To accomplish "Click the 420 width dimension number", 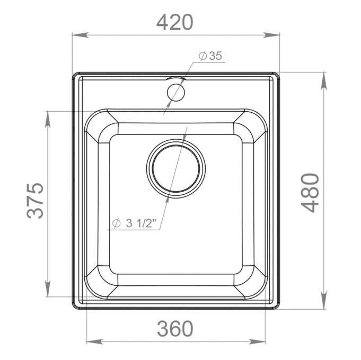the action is pyautogui.click(x=175, y=22).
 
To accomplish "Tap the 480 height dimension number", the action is pyautogui.click(x=310, y=193).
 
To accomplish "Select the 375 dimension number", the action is pyautogui.click(x=35, y=201).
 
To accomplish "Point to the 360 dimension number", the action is pyautogui.click(x=175, y=329).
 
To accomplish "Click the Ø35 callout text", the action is pyautogui.click(x=210, y=56).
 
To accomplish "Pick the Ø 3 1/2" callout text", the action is pyautogui.click(x=134, y=223).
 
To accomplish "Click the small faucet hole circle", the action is pyautogui.click(x=176, y=92).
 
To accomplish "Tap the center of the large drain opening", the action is pyautogui.click(x=176, y=168).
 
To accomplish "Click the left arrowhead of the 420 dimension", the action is pyautogui.click(x=81, y=35).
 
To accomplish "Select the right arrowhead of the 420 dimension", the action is pyautogui.click(x=271, y=35).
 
